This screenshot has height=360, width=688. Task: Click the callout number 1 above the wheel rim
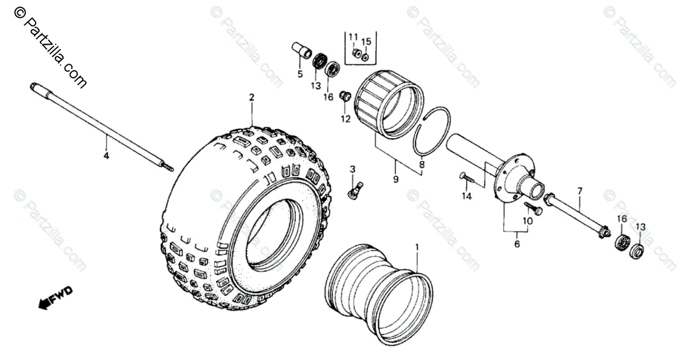pos(416,248)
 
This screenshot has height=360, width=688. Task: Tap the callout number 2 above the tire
pos(251,97)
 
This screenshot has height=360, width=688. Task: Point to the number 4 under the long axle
pos(105,154)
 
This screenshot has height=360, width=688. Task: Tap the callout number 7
pos(580,190)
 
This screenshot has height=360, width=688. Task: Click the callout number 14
pos(467,196)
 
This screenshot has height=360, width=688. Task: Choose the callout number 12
pos(345,119)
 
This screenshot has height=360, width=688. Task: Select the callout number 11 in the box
pos(353,37)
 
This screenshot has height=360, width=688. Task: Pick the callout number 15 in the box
pos(367,41)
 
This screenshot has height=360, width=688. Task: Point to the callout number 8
pos(423,165)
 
